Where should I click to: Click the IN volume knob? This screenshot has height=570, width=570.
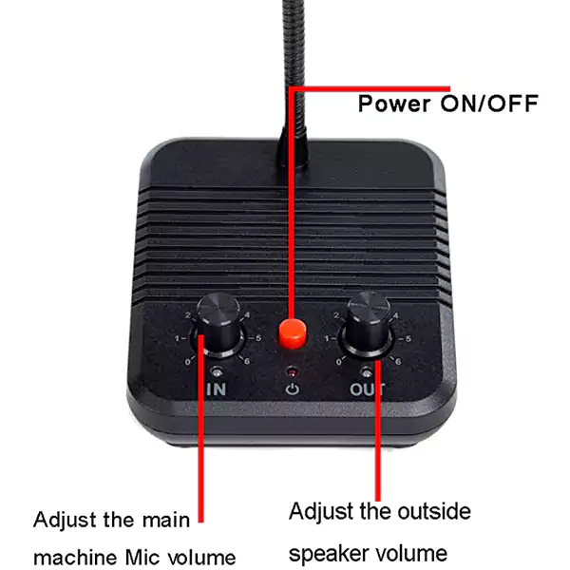218,323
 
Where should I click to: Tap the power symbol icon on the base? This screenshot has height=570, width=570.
293,389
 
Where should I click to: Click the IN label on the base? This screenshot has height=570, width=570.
217,389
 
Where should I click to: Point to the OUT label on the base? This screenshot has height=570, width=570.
367,389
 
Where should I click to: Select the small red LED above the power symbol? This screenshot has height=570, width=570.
292,372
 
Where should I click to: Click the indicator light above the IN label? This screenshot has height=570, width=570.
217,371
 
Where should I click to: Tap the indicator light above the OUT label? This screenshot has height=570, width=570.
367,372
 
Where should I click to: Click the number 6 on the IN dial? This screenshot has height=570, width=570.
247,361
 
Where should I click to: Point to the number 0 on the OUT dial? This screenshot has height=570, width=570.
339,362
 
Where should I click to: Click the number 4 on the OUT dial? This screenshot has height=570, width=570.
396,315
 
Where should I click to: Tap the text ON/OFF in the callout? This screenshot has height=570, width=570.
489,104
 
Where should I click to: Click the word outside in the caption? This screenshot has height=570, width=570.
434,511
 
